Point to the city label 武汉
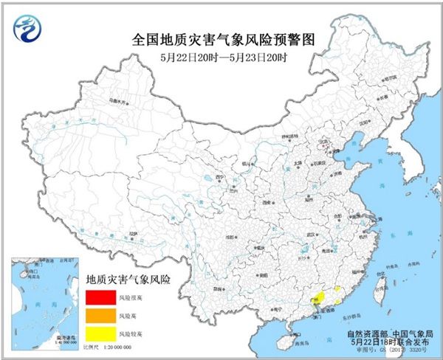tap(312, 234)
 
